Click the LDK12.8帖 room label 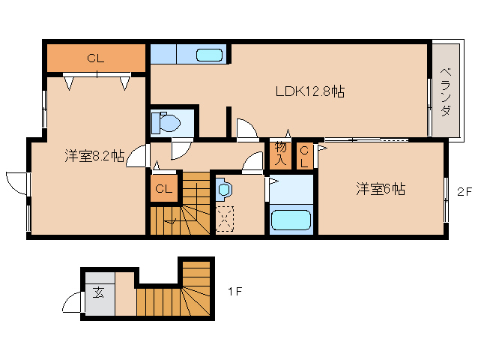pos(309,92)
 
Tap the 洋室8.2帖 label pos(94,156)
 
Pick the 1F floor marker pos(234,292)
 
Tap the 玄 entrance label pos(99,292)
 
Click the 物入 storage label pos(281,154)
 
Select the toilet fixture pos(165,122)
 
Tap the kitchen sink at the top pos(209,55)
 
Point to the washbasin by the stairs pos(224,190)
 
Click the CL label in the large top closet pos(95,57)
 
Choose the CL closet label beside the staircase pos(164,189)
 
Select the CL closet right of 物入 pos(304,154)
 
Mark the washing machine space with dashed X pos(224,220)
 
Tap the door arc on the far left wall pos(16,182)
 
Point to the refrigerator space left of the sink pos(163,54)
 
